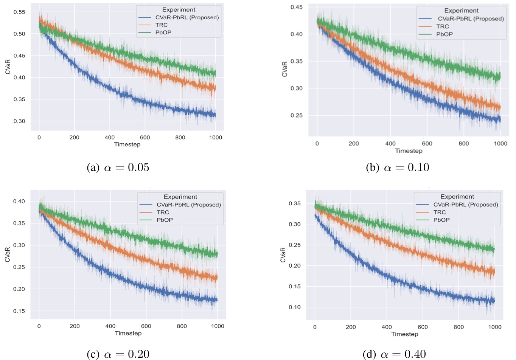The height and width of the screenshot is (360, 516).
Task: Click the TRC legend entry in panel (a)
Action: click(x=161, y=25)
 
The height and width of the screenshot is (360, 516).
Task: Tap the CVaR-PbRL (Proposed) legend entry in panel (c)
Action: click(x=188, y=205)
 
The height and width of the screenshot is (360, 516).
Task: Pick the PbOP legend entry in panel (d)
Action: click(x=441, y=220)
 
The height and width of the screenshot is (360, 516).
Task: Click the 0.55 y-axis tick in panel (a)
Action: click(x=19, y=12)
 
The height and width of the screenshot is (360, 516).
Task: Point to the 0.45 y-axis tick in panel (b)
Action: click(x=296, y=7)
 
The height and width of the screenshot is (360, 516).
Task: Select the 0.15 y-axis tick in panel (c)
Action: click(x=19, y=311)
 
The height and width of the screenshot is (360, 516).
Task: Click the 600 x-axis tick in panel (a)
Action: click(x=145, y=137)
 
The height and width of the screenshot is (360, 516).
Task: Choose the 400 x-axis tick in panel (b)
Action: click(x=390, y=143)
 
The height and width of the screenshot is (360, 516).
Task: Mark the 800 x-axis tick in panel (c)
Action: click(x=182, y=326)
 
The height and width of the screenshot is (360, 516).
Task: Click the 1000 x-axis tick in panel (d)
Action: click(x=495, y=327)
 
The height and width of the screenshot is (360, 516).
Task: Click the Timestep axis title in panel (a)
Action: click(x=127, y=144)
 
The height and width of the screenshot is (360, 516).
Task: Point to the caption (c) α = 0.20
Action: click(x=118, y=354)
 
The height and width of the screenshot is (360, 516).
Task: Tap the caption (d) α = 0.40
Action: click(x=394, y=354)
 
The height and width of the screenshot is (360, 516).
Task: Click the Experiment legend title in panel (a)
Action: click(x=179, y=9)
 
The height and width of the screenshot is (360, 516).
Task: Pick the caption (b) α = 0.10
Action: click(x=398, y=168)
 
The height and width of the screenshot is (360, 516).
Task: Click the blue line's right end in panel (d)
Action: click(x=494, y=301)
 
